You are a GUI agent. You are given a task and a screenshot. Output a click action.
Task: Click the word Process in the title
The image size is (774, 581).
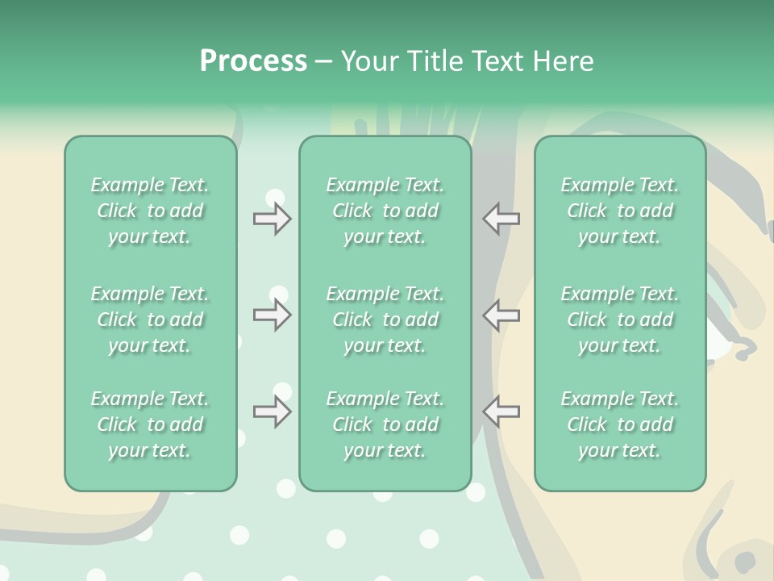tap(253, 61)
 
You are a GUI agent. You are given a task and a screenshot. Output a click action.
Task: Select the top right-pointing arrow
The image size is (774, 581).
tap(273, 219)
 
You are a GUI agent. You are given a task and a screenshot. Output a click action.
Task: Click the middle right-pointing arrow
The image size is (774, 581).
tap(273, 315)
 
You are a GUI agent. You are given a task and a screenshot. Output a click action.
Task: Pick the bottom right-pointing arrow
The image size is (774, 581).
tap(273, 412)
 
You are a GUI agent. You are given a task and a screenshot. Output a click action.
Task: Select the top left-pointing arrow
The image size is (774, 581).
tap(501, 219)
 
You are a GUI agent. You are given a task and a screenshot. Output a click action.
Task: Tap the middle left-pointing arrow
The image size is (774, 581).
tap(501, 315)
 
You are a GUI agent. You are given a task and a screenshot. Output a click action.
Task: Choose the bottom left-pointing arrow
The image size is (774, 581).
tap(501, 412)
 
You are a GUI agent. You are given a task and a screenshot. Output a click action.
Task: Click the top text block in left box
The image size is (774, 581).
tap(150, 211)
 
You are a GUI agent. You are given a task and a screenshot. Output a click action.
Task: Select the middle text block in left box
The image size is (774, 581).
tap(150, 320)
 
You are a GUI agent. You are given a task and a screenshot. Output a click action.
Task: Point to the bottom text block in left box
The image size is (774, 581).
tap(150, 424)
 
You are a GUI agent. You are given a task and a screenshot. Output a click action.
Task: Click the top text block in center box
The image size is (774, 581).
tap(385, 211)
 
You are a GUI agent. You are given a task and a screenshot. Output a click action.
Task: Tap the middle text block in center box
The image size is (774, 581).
tap(385, 320)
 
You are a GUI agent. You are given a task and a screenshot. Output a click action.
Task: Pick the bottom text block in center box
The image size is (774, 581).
tap(385, 424)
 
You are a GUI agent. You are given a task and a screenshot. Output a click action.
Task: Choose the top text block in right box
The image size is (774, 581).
tap(620, 211)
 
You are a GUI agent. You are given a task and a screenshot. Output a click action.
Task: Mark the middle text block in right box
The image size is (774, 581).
tap(620, 320)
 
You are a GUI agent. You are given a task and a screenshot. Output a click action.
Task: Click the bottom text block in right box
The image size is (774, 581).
tap(620, 424)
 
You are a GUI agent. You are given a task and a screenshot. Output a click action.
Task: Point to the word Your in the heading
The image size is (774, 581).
tap(370, 61)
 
